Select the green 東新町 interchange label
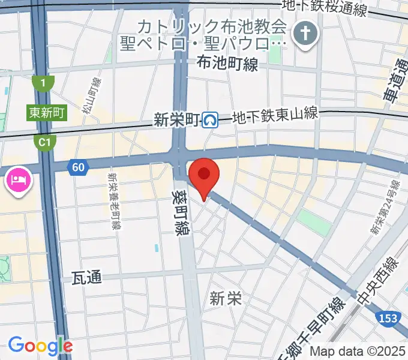point(46,112)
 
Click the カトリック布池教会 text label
point(212,27)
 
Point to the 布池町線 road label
point(227,64)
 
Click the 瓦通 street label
point(86,277)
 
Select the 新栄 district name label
point(226,298)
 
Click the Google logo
point(40,346)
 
